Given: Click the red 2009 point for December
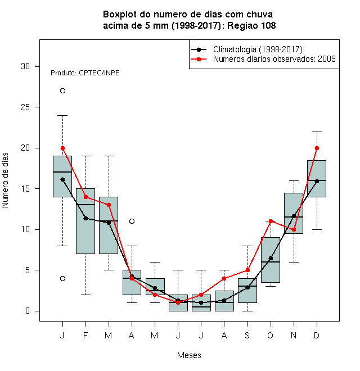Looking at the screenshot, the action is click(x=317, y=148).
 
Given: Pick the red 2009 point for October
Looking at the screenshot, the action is click(x=271, y=221).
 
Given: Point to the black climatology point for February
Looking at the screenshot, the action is click(x=85, y=218).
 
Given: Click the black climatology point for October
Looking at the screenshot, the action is click(x=271, y=258).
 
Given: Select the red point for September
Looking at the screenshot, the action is click(x=247, y=270).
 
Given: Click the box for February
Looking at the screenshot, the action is click(x=85, y=221).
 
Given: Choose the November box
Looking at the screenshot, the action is click(x=294, y=213).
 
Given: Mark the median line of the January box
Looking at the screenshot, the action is click(x=62, y=172).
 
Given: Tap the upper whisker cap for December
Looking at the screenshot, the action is click(x=317, y=132).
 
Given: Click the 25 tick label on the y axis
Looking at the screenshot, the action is click(x=25, y=107).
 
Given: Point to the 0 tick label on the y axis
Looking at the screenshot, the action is click(x=28, y=311).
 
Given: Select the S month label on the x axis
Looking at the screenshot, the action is click(x=247, y=335).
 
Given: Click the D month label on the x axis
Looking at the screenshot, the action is click(x=317, y=335).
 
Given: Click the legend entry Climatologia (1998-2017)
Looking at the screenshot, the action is click(x=246, y=49).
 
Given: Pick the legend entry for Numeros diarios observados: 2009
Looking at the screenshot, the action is click(x=263, y=59).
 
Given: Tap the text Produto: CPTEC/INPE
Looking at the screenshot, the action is click(x=85, y=73).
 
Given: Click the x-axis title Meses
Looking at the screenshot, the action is click(x=189, y=355).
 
